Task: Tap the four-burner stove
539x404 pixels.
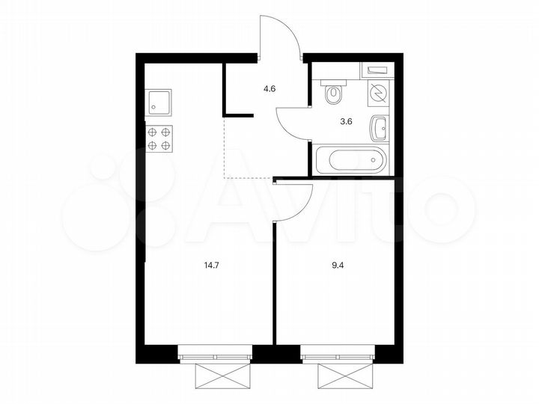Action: point(159,139)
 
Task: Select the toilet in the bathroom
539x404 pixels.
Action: point(334,92)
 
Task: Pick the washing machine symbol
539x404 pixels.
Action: point(379,94)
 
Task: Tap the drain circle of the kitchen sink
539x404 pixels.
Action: point(155,106)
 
